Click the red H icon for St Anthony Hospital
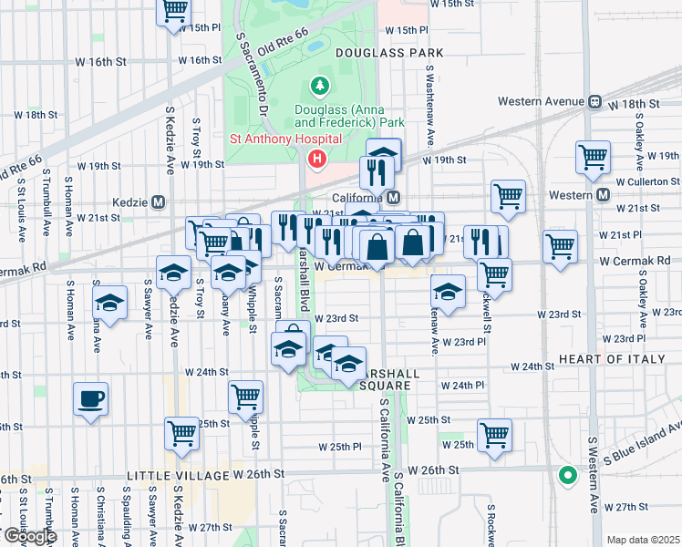pos(316,160)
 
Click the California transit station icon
pos(393,198)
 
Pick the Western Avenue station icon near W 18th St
pos(594,101)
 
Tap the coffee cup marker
pos(91,399)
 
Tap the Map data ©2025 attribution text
pos(642,540)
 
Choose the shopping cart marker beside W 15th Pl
pos(173,12)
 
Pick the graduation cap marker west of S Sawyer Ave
pos(110,303)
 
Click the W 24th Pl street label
pos(462,386)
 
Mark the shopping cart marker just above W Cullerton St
pos(593,157)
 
